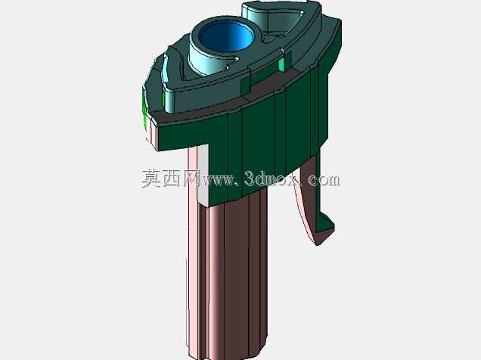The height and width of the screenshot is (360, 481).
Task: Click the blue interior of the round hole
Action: pyautogui.click(x=226, y=37)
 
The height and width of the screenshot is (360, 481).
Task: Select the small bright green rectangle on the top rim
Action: pyautogui.click(x=282, y=65)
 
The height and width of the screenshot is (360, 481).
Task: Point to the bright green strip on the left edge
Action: pyautogui.click(x=144, y=106)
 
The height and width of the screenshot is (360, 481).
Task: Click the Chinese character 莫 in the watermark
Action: pyautogui.click(x=151, y=178)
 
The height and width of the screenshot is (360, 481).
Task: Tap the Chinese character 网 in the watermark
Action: pyautogui.click(x=193, y=178)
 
